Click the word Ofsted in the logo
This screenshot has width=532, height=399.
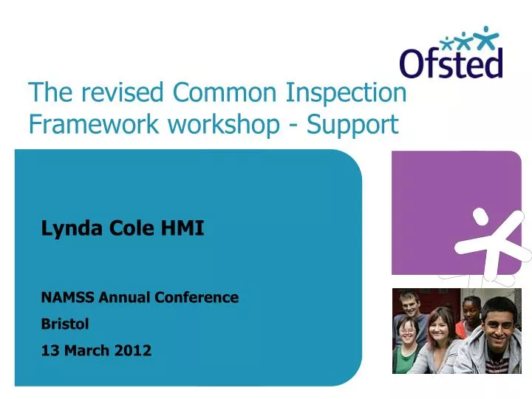point(451,62)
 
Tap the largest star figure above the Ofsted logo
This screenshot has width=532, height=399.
point(486,35)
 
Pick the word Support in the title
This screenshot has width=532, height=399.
point(352,125)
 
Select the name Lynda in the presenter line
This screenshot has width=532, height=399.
point(63,229)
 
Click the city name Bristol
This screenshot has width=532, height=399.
point(65,324)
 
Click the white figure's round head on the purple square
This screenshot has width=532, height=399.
point(481,216)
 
